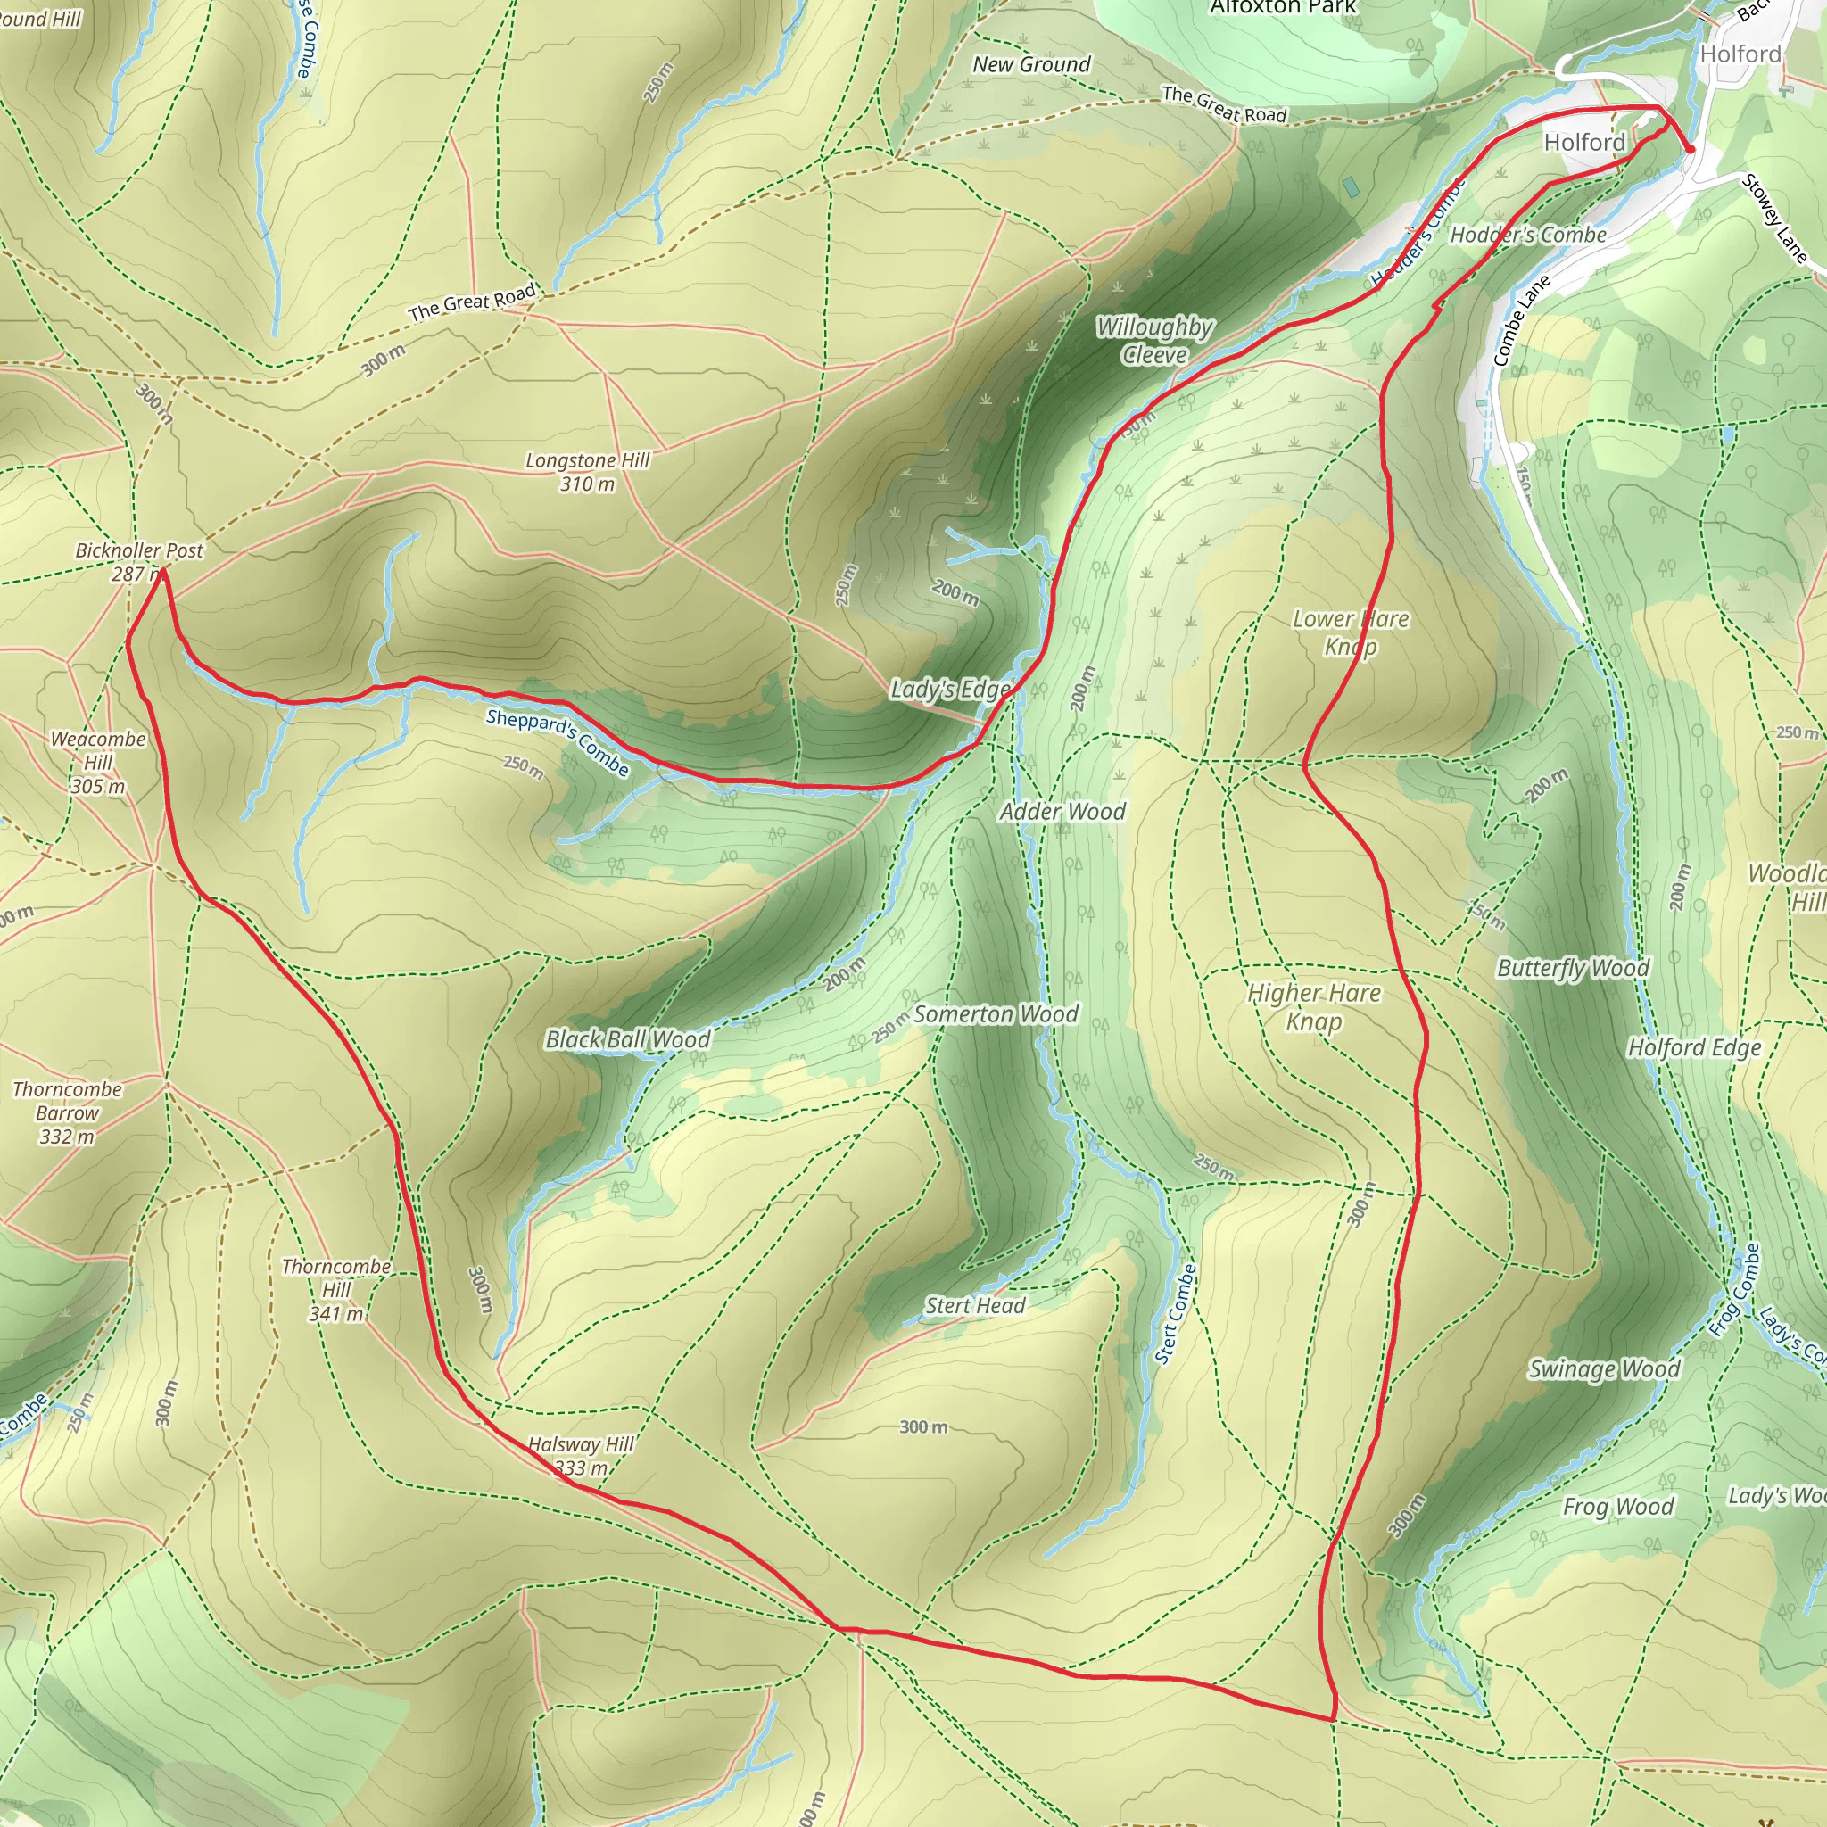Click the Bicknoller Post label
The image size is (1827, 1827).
138,550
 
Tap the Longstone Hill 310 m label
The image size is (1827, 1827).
587,472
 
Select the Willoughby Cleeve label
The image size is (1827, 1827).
1153,341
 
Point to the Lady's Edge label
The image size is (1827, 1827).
949,690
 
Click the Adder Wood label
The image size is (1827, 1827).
1062,812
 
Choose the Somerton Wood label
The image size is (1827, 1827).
995,1013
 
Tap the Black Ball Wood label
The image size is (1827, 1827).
627,1039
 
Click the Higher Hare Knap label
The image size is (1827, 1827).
1313,1006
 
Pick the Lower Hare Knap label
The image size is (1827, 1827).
1350,632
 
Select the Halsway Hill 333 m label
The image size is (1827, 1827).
581,1455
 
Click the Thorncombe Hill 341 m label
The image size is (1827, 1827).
335,1289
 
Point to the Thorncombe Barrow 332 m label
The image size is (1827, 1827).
67,1112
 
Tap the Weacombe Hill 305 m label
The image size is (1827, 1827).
98,762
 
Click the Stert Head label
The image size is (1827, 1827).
974,1306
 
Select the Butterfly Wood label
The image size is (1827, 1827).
1573,967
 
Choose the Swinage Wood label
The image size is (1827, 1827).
1604,1368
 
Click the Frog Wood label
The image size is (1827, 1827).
1618,1507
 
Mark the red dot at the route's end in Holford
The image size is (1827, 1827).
1690,148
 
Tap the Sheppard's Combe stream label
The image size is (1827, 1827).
557,741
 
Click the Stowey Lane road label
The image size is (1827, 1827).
1775,219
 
